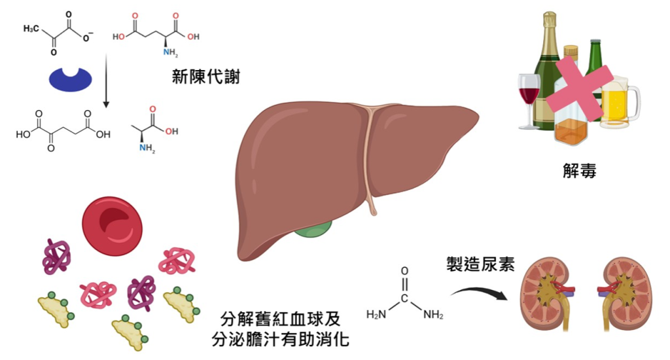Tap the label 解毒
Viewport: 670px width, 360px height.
(579, 171)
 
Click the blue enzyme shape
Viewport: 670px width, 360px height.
(71, 77)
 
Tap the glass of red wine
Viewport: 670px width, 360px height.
(529, 98)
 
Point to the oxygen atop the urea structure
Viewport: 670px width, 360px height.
(404, 270)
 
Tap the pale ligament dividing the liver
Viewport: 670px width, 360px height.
(369, 157)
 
